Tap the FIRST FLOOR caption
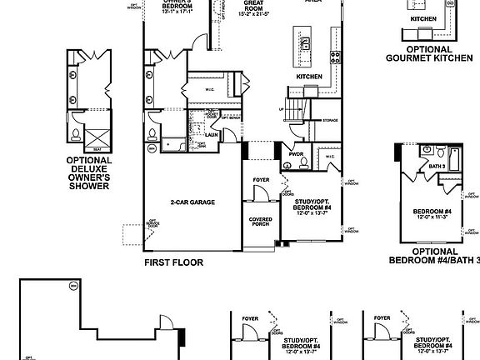tap(173, 262)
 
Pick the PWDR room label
tap(296, 153)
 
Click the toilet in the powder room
tap(306, 162)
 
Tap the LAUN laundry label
tap(212, 133)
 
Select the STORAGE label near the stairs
tap(331, 118)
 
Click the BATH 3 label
tap(436, 166)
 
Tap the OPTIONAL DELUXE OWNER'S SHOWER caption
tap(88, 172)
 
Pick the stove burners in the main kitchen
tap(335, 57)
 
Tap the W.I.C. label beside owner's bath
tap(211, 89)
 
